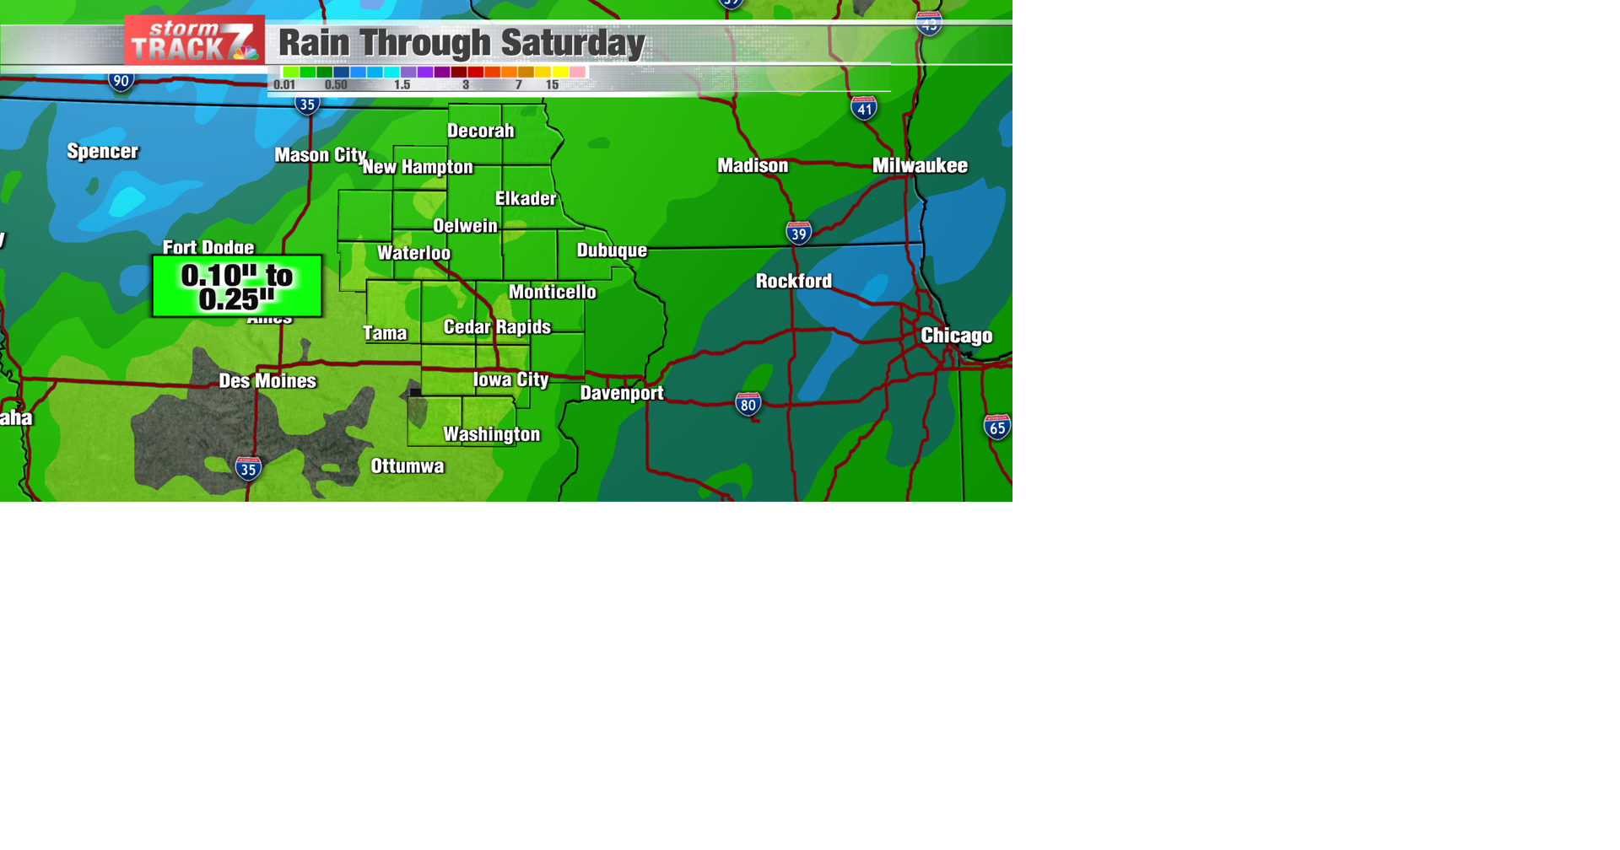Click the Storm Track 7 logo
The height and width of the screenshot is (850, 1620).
click(x=194, y=40)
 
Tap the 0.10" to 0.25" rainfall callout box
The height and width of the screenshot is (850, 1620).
click(x=237, y=287)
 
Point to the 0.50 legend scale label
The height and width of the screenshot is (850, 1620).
click(x=336, y=85)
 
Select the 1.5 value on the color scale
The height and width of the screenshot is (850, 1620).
click(x=402, y=85)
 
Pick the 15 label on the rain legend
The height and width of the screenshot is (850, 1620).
click(x=552, y=85)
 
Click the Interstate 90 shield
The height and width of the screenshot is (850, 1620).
click(x=121, y=82)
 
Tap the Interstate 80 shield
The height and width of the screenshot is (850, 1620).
click(x=748, y=405)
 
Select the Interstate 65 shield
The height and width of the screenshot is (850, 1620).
click(x=996, y=428)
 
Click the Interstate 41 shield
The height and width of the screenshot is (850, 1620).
click(x=863, y=109)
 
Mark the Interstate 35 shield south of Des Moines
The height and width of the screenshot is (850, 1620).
click(x=248, y=469)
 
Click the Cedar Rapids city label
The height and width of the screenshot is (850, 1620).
click(x=497, y=327)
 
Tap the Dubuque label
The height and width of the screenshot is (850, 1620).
click(x=612, y=250)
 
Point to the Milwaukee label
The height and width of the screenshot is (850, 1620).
click(x=920, y=165)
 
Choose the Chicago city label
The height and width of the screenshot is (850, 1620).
click(x=956, y=336)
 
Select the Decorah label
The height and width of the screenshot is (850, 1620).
click(x=480, y=131)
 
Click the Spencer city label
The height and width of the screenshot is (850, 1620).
click(x=102, y=152)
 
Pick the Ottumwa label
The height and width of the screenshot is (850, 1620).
click(x=407, y=466)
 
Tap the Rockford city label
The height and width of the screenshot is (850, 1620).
click(x=793, y=281)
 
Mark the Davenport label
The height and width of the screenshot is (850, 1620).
click(x=622, y=393)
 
